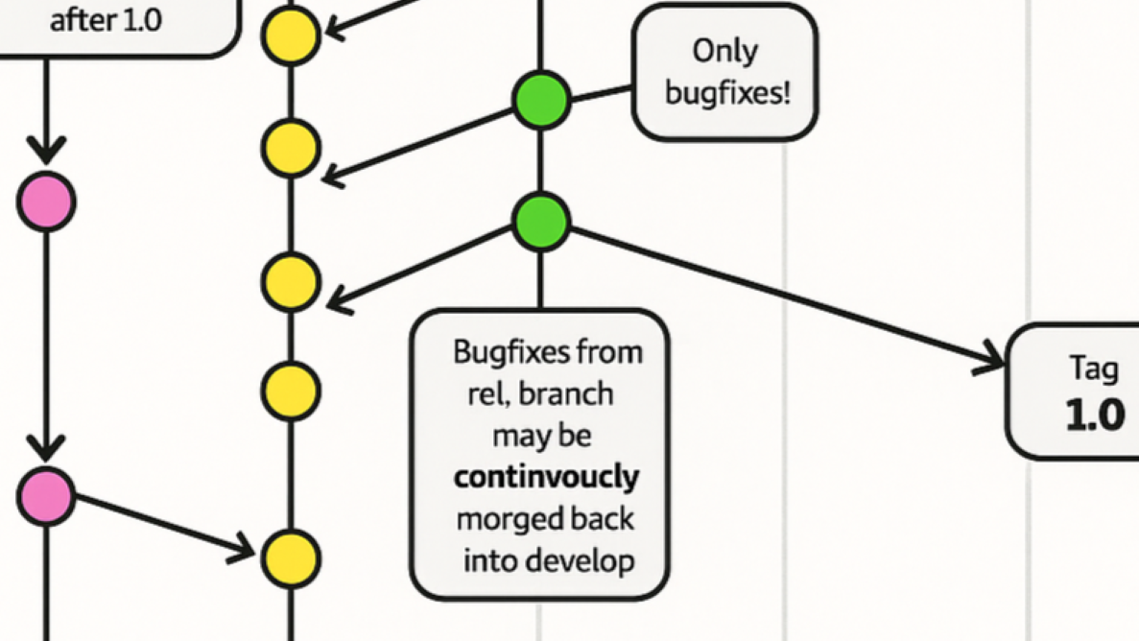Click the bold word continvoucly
[x=546, y=477]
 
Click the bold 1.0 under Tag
[x=1094, y=415]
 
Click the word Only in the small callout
[x=724, y=51]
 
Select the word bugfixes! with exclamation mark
[x=727, y=93]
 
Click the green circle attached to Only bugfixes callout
[x=541, y=100]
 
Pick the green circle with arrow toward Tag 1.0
[x=541, y=221]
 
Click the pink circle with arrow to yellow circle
[x=46, y=496]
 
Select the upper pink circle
[x=46, y=202]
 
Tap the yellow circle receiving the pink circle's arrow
[x=290, y=558]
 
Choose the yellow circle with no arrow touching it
[x=290, y=392]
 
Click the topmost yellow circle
[x=290, y=36]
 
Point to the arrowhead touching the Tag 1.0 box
[x=992, y=363]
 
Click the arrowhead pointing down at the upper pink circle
[x=46, y=152]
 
